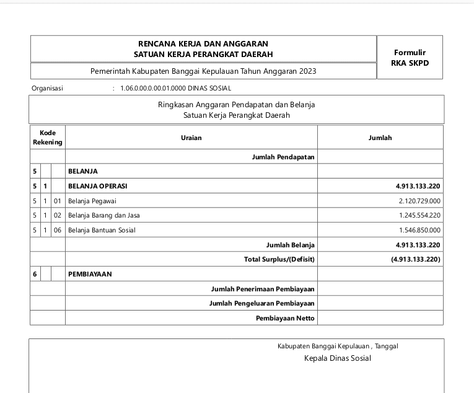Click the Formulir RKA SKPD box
point(410,58)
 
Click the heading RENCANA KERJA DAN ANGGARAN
point(203,44)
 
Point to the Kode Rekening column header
point(48,138)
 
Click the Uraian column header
point(191,138)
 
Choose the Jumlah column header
point(380,138)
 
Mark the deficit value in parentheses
point(416,259)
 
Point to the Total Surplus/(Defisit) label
point(279,259)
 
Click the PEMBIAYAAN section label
point(90,274)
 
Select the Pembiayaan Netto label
point(285,318)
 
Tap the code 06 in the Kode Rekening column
point(58,230)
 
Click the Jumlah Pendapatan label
point(283,157)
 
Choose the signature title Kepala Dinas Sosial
point(337,358)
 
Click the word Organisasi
point(47,89)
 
